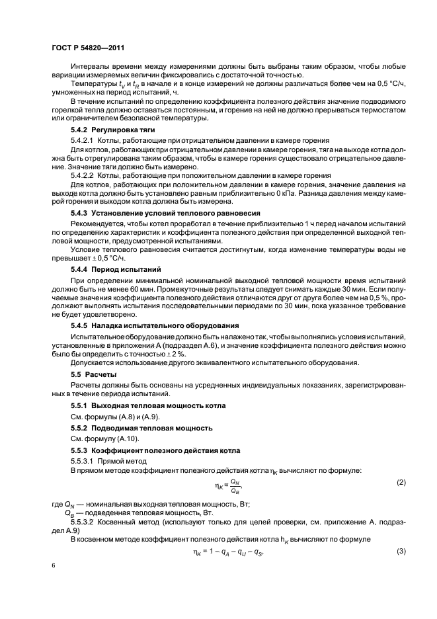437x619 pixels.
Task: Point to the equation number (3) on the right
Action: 401,552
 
